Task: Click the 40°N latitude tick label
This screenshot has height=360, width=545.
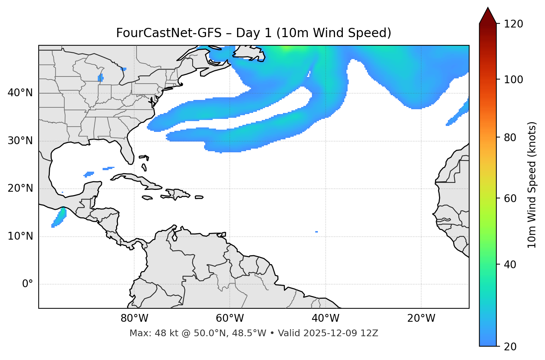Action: [x=20, y=93]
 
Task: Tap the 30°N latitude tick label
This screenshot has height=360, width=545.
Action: [x=20, y=141]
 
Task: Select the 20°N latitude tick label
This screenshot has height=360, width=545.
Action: [x=20, y=188]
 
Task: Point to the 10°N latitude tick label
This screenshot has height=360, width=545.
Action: [x=20, y=236]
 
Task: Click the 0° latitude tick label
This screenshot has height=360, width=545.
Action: [x=28, y=284]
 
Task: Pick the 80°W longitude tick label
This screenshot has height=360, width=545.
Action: [x=134, y=318]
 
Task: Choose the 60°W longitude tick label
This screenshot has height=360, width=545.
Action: [x=230, y=318]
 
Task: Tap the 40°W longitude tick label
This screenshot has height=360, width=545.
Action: [x=325, y=318]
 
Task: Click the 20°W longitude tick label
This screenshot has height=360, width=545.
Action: [x=421, y=318]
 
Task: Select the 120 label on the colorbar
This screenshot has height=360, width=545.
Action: [x=513, y=24]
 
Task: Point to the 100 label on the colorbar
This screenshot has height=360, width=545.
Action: [x=513, y=80]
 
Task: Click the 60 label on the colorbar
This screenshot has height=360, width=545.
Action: [x=510, y=198]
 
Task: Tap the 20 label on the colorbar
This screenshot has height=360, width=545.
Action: [x=510, y=347]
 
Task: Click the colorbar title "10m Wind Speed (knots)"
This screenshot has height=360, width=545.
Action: [x=532, y=185]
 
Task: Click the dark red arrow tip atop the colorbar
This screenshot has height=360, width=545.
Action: [x=488, y=15]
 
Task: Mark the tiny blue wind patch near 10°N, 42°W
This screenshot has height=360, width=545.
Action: [x=316, y=232]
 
